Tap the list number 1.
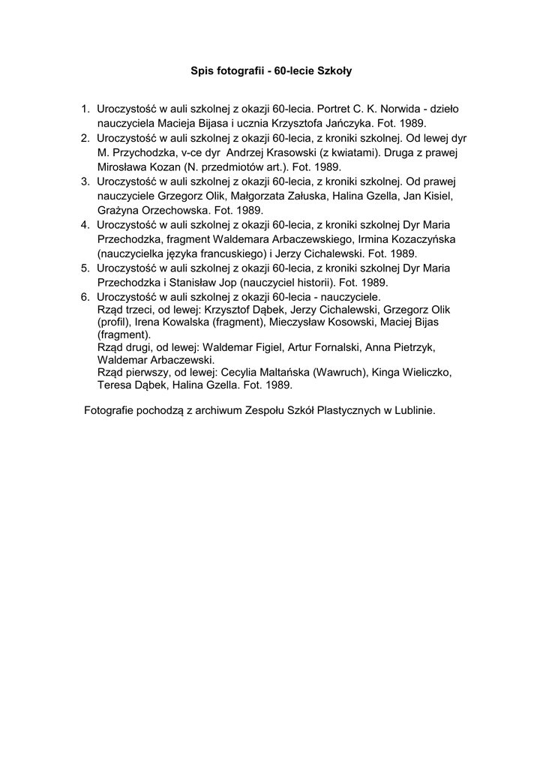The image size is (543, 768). coord(85,109)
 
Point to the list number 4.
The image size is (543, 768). coord(85,224)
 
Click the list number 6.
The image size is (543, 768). coord(85,297)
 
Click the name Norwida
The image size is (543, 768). coord(401,109)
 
